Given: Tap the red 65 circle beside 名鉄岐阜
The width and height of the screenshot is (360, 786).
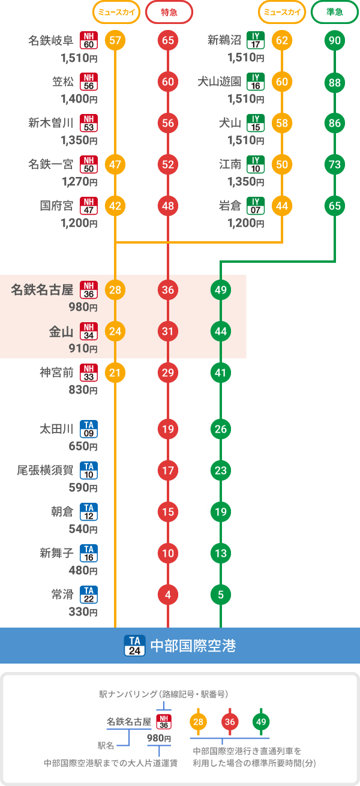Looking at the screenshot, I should click(167, 41).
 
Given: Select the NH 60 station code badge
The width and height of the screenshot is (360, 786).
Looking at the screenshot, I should click(89, 41).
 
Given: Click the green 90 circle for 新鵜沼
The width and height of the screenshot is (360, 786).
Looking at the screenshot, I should click(334, 41).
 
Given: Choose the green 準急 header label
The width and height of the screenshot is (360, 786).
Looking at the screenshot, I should click(334, 11).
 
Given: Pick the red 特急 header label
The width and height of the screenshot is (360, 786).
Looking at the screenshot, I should click(169, 11).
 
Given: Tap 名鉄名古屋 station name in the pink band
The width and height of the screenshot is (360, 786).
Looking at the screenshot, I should click(42, 290).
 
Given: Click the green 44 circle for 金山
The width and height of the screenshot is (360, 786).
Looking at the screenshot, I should click(221, 331).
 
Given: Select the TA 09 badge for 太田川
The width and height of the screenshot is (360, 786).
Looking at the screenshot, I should click(89, 429).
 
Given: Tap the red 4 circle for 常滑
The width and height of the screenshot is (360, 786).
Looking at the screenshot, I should click(167, 595).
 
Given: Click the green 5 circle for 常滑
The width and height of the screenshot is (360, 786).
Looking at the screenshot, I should click(221, 595).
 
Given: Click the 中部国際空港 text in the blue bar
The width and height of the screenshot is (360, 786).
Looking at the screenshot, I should click(193, 646).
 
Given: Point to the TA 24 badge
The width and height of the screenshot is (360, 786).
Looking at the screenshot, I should click(133, 646).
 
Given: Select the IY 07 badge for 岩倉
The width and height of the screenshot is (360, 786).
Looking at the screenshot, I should click(256, 206).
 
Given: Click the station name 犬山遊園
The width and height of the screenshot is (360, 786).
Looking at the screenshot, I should click(220, 82).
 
